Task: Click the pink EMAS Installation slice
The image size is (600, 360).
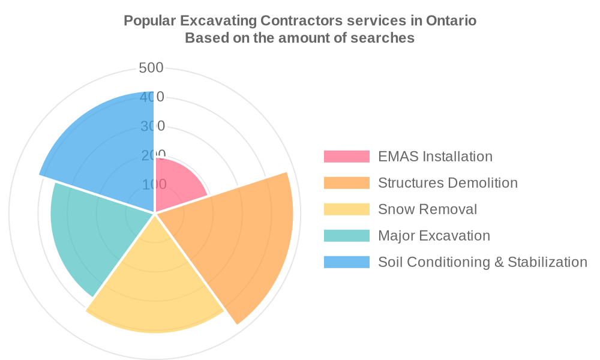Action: click(x=177, y=186)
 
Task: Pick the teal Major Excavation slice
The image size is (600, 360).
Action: click(x=90, y=234)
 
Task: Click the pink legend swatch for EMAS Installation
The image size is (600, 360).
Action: click(x=346, y=157)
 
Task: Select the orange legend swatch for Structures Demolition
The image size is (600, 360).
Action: click(x=346, y=183)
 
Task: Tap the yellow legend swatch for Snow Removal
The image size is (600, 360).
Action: click(x=346, y=209)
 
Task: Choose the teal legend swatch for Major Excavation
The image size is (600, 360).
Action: click(x=346, y=236)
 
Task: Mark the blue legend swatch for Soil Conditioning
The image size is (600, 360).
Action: click(x=346, y=262)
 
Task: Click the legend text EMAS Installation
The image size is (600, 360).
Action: click(x=435, y=157)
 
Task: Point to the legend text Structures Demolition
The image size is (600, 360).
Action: click(x=448, y=183)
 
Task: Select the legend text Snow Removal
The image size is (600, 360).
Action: click(x=427, y=209)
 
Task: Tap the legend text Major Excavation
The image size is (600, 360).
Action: click(x=434, y=236)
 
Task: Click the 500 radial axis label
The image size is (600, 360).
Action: click(x=151, y=68)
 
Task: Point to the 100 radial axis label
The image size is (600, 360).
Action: click(x=154, y=184)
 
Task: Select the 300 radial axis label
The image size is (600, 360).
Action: click(x=152, y=127)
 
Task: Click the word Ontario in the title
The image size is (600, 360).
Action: click(x=451, y=21)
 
